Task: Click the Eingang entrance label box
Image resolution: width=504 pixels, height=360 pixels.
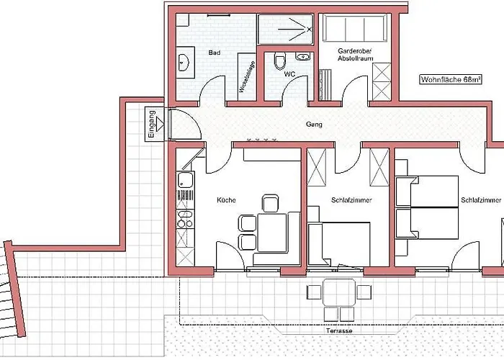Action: click(154, 124)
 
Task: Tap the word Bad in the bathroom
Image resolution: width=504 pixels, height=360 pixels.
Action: click(214, 53)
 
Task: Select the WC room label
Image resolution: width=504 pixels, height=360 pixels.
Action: click(289, 74)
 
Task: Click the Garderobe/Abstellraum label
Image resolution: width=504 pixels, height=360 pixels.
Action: click(355, 55)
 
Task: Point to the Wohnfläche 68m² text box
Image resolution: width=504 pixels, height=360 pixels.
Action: click(451, 80)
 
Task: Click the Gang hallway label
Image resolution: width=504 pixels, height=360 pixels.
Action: click(314, 125)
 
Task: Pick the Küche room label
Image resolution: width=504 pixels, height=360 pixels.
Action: click(226, 200)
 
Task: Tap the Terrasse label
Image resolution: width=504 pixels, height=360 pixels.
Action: click(339, 330)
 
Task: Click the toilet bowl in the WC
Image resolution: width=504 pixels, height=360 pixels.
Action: click(280, 60)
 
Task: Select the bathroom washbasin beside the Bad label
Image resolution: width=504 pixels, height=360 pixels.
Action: click(184, 63)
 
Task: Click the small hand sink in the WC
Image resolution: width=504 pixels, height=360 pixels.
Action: click(303, 57)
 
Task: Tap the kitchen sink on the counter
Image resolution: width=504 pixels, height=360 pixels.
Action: click(186, 180)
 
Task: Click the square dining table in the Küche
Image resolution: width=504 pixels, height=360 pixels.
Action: click(272, 233)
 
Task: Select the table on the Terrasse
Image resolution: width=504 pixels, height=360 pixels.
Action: click(339, 292)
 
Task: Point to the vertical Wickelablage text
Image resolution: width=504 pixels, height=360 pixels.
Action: click(247, 77)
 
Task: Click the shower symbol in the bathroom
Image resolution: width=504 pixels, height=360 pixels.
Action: click(295, 30)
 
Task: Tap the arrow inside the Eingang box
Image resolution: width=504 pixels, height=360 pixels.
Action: click(159, 124)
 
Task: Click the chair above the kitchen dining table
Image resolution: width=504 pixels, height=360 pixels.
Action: click(270, 204)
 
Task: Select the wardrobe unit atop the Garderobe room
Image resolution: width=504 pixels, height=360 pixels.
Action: click(355, 28)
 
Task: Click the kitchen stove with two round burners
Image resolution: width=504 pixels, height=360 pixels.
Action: click(185, 219)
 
